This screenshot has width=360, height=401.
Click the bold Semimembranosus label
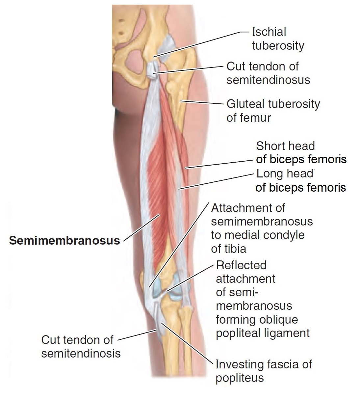tap(64, 241)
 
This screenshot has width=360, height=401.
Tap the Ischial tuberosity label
tap(278, 39)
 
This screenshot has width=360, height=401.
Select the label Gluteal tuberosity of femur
tap(273, 111)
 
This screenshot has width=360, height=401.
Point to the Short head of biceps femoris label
tap(301, 153)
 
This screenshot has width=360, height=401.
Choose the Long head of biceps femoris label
tap(301, 180)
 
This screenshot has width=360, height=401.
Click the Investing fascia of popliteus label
tap(263, 371)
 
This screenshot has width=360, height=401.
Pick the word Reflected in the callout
tap(241, 265)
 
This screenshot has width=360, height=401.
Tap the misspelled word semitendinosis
tap(81, 354)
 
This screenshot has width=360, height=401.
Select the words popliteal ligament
tap(263, 333)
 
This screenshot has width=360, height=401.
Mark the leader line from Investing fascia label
tap(188, 344)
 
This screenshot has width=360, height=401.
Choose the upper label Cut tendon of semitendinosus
tap(268, 73)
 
